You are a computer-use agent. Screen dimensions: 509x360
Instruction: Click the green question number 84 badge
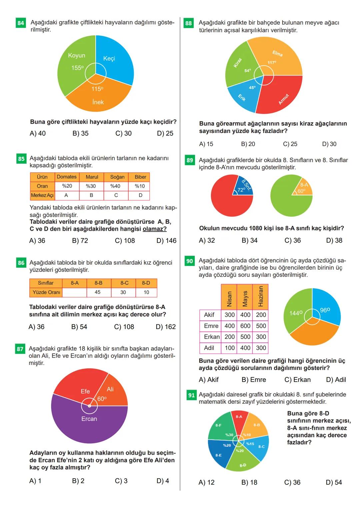(x=21, y=23)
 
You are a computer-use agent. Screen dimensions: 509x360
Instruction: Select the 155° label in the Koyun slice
(x=77, y=68)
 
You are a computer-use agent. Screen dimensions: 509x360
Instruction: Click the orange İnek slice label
(x=98, y=102)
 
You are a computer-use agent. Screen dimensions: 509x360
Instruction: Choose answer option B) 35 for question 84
(x=80, y=133)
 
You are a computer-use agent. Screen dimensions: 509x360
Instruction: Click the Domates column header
(x=67, y=177)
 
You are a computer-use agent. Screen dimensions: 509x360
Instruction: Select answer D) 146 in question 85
(x=166, y=241)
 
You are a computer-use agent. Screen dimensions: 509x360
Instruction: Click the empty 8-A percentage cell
(x=74, y=292)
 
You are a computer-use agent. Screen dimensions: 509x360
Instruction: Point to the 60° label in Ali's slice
(x=102, y=399)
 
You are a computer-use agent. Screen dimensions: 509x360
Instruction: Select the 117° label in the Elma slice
(x=272, y=62)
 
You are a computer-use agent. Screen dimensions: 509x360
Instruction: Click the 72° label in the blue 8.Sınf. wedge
(x=241, y=190)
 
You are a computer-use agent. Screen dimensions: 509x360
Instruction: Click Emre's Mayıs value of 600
(x=245, y=326)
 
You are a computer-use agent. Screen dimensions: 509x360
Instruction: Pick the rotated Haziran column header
(x=260, y=296)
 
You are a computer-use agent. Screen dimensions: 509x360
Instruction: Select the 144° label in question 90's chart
(x=296, y=313)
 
